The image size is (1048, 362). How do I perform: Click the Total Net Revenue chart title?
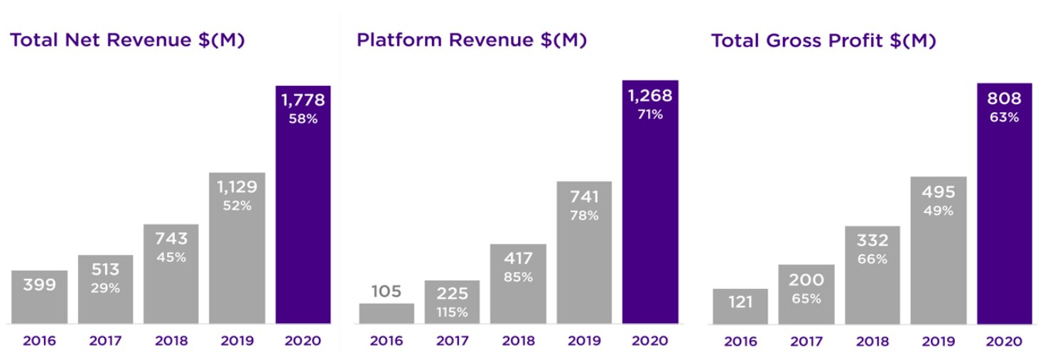127,40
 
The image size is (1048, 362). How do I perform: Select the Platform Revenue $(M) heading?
472,40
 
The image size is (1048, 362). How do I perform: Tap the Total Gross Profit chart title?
823,40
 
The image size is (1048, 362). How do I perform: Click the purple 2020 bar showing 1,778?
303,206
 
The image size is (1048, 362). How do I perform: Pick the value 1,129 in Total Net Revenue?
237,187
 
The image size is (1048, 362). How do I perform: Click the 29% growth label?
105,288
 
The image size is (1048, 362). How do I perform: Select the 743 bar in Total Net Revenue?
171,273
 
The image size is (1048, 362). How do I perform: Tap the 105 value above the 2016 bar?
386,291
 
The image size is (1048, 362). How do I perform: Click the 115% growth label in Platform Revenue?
453,312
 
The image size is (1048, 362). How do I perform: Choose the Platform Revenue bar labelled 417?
518,284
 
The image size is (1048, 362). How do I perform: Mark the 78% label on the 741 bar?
584,216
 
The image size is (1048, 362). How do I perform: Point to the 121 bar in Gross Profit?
740,306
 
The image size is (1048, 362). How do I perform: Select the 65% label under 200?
806,299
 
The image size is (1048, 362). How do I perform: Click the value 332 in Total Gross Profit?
873,241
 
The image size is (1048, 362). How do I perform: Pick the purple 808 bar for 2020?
1004,206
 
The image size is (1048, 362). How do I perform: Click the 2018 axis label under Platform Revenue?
518,341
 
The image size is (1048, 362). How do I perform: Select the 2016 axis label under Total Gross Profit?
740,341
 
